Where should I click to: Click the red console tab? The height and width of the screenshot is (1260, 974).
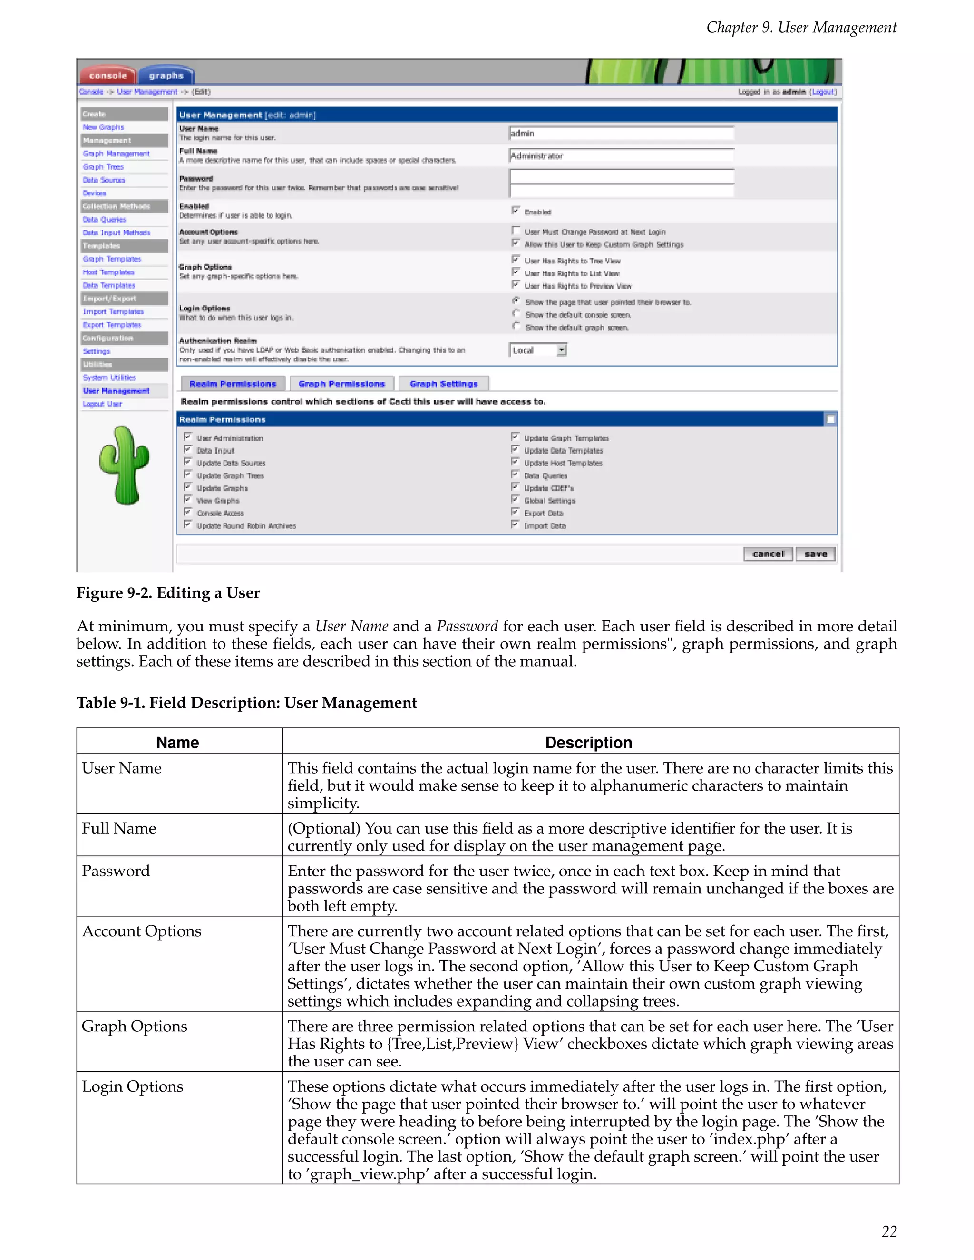[x=108, y=76]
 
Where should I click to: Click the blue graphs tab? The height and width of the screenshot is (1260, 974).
[x=166, y=76]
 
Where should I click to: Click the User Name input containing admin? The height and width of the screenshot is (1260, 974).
[x=621, y=133]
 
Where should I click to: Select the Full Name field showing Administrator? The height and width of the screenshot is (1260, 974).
[x=621, y=156]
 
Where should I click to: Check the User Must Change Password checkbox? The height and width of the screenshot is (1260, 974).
[x=516, y=231]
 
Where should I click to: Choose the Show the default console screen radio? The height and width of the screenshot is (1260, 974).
[x=516, y=314]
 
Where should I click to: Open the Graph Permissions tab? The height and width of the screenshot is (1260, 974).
[x=341, y=384]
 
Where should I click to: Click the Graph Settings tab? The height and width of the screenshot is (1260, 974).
[x=443, y=384]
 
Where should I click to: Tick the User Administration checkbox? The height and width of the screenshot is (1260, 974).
[x=187, y=437]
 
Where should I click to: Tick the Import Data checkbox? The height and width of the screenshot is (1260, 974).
[x=515, y=524]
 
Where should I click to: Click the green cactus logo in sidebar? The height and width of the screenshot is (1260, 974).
[x=124, y=465]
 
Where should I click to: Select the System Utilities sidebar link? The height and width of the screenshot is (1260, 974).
[x=109, y=378]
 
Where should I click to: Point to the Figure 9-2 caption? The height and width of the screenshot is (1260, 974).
[x=168, y=593]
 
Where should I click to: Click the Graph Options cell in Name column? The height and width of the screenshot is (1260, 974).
[x=135, y=1027]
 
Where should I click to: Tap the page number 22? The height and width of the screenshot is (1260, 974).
[x=888, y=1231]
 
